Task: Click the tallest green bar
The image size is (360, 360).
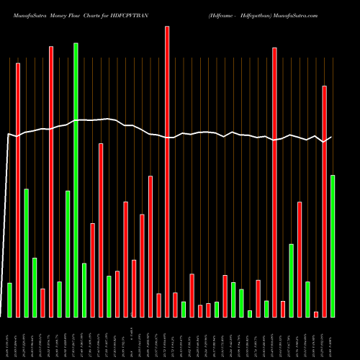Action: pyautogui.click(x=76, y=180)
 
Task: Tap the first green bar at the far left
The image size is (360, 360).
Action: pyautogui.click(x=9, y=300)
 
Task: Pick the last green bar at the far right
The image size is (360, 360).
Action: pyautogui.click(x=333, y=246)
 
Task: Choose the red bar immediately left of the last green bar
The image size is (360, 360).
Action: pyautogui.click(x=325, y=201)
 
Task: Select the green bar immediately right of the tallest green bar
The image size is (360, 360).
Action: pyautogui.click(x=84, y=289)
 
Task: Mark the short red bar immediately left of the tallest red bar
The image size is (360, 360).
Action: pyautogui.click(x=158, y=305)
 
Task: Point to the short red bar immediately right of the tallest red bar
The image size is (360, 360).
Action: pyautogui.click(x=175, y=304)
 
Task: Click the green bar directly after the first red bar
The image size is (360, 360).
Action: pyautogui.click(x=26, y=253)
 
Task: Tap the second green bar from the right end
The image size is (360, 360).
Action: pyautogui.click(x=307, y=299)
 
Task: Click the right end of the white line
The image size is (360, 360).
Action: pyautogui.click(x=331, y=137)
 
